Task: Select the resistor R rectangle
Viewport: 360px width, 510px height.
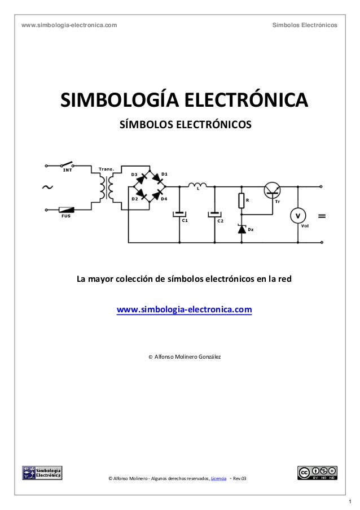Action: click(242, 200)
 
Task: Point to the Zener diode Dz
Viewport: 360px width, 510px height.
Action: click(242, 229)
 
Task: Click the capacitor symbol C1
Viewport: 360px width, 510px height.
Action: click(179, 214)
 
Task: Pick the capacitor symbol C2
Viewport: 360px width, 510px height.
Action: click(214, 214)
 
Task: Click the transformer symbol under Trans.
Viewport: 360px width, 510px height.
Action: click(106, 187)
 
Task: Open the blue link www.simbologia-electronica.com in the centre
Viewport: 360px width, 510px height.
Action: click(184, 311)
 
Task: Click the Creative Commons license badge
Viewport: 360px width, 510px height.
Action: click(318, 472)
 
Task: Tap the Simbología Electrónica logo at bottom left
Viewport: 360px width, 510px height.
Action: click(42, 472)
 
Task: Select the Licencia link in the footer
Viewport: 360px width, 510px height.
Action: click(218, 480)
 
